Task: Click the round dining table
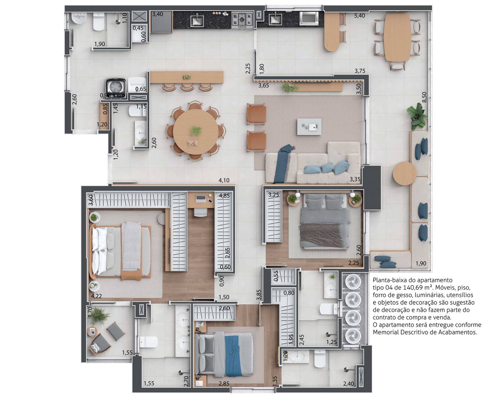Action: coord(196,132)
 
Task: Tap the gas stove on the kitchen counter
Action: coord(242,20)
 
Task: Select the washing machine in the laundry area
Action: coord(116,88)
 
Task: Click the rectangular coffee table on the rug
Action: coord(309,127)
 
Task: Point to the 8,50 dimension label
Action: coord(424,97)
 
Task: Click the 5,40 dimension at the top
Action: coord(360,16)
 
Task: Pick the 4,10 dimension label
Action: coord(224,180)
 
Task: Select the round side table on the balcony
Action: coord(405,174)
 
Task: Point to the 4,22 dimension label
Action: coord(96,296)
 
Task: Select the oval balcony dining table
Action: coord(398,37)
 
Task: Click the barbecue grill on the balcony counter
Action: coord(309,18)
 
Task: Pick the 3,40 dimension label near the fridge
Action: coord(157,14)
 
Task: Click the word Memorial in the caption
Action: coord(386,332)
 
